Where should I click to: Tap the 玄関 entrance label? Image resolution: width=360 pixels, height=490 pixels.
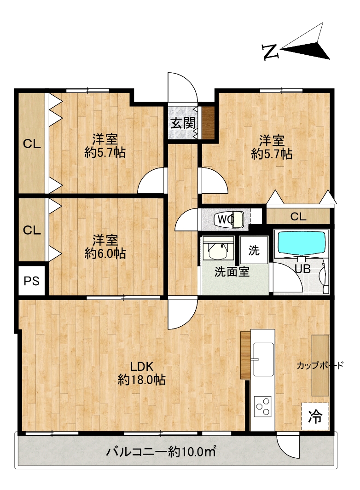tap(183, 123)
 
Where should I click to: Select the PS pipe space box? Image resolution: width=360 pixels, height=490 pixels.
tap(32, 281)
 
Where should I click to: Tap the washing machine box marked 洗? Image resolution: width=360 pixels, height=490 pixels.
tap(254, 250)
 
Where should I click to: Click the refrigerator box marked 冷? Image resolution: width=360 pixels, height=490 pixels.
tap(315, 416)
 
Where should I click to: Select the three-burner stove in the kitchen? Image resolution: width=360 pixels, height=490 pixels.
tap(263, 406)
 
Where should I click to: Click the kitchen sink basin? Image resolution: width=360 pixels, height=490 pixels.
tap(263, 359)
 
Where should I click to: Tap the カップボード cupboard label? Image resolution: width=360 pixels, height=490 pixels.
tap(320, 365)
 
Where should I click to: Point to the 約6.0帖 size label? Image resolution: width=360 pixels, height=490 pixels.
tap(105, 253)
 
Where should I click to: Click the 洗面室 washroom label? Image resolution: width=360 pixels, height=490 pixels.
tap(232, 272)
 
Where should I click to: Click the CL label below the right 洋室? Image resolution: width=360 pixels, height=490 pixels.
tap(298, 216)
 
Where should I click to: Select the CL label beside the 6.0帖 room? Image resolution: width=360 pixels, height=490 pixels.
tap(32, 231)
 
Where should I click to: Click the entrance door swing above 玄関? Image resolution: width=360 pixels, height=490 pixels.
tap(183, 87)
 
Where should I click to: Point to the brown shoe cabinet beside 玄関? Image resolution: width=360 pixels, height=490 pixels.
tap(208, 122)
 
